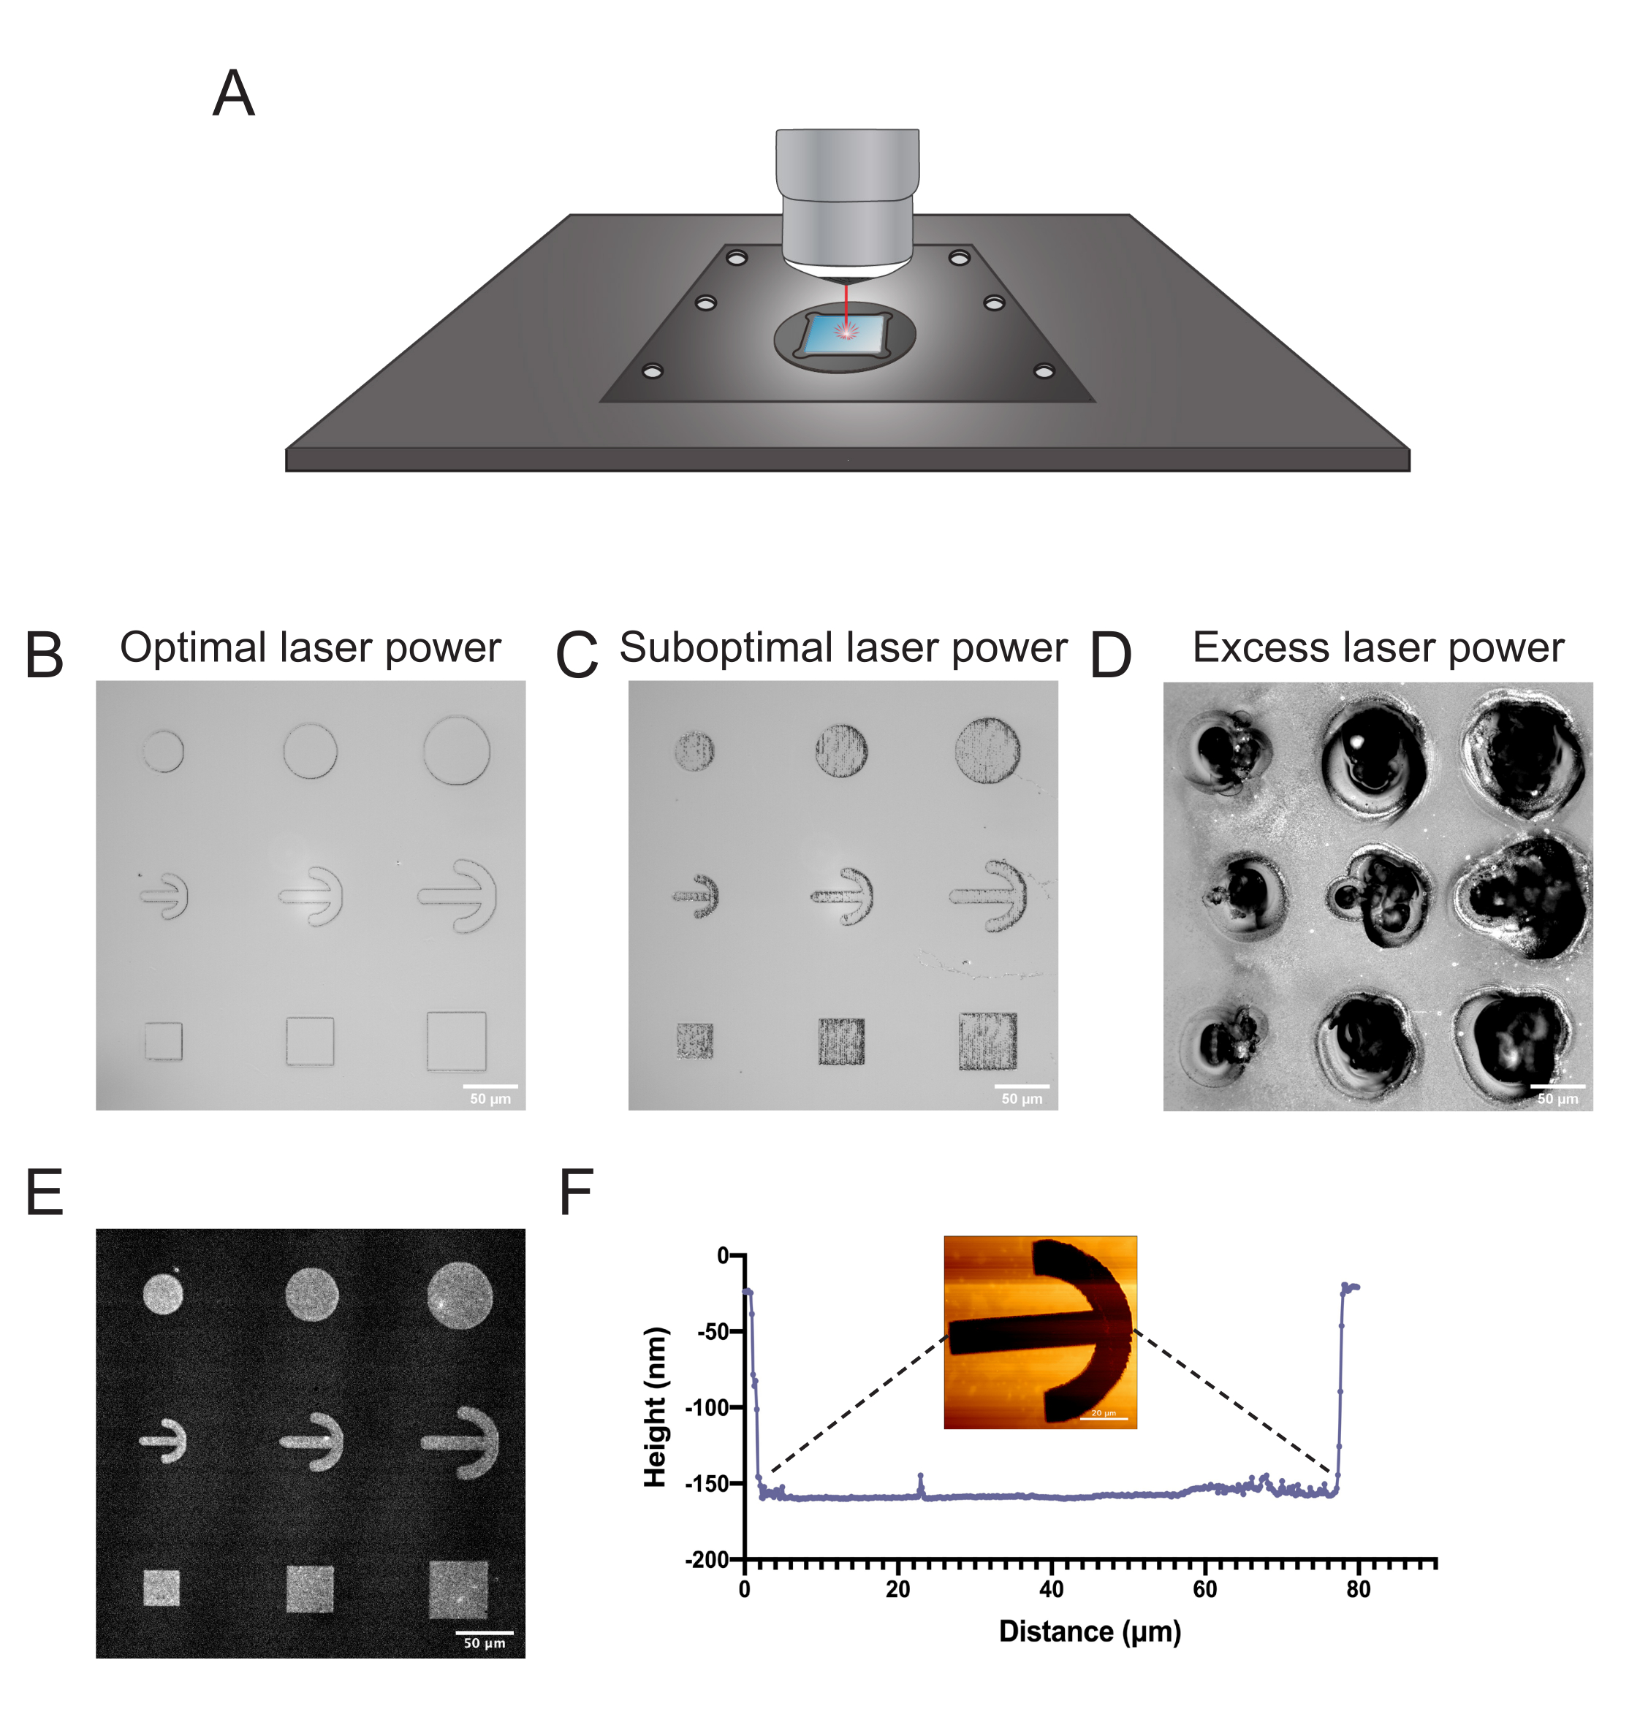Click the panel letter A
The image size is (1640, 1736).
point(233,94)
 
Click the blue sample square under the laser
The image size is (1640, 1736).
point(843,334)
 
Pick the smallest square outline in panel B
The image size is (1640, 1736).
point(164,1041)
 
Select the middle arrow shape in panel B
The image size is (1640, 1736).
point(311,895)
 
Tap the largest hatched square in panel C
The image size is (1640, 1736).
point(988,1041)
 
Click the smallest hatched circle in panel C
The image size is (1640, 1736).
point(695,751)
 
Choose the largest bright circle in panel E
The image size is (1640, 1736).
point(460,1295)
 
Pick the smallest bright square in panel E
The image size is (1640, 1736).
point(162,1588)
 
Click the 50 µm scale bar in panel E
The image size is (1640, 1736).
point(485,1632)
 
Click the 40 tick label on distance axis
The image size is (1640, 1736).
point(1051,1590)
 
